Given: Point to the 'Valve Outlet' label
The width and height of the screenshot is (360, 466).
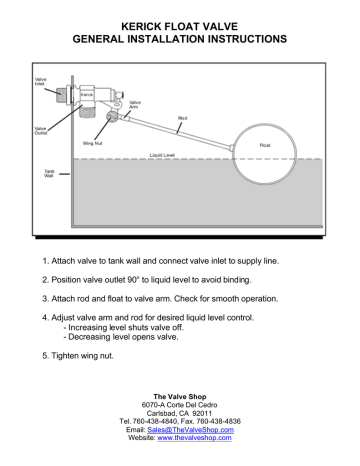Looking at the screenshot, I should click(x=40, y=130).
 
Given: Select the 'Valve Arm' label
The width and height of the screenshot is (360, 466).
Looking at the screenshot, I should click(x=135, y=105).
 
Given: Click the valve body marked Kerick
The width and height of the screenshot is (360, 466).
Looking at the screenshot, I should click(x=88, y=98).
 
